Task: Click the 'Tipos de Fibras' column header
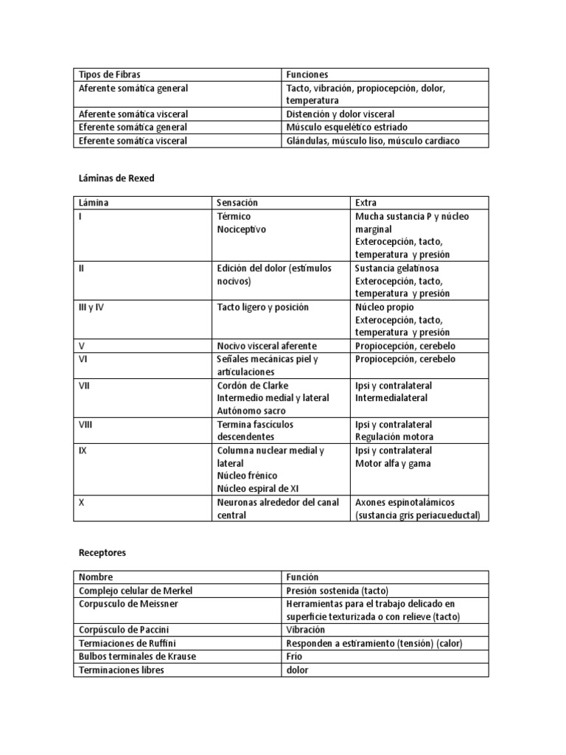(109, 74)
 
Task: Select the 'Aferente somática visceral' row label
(133, 114)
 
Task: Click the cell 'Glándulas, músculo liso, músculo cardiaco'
(373, 141)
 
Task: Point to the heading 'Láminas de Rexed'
(116, 178)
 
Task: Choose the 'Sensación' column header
(237, 203)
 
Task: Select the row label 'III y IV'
(91, 307)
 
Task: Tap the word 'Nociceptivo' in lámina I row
(241, 229)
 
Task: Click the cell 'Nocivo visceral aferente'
(267, 346)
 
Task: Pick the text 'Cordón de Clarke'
(253, 386)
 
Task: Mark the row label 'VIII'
(85, 425)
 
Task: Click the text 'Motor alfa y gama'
(393, 464)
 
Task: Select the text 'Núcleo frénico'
(248, 476)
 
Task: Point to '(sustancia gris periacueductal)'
(417, 515)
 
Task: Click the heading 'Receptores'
(102, 552)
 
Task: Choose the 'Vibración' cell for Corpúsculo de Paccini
(306, 630)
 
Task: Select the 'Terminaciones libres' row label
(120, 669)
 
